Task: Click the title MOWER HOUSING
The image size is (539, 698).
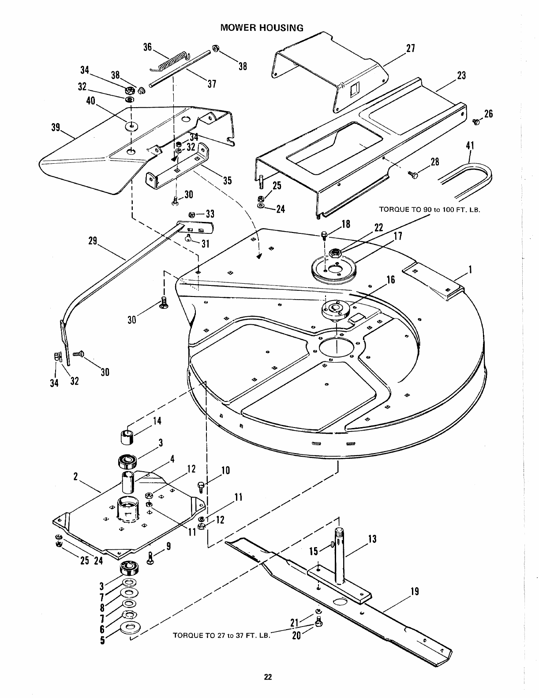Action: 262,28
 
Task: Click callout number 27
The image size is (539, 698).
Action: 411,49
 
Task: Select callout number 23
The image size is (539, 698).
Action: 461,75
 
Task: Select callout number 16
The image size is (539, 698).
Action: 390,280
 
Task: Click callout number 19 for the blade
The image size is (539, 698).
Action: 414,592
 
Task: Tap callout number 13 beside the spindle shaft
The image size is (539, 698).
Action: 372,539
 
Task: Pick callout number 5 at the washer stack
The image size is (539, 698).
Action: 102,640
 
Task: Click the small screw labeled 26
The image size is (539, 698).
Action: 475,121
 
